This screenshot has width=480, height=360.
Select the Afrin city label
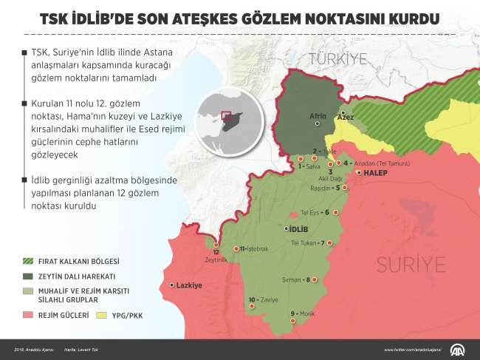tap(317, 116)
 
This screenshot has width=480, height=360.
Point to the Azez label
tap(345, 117)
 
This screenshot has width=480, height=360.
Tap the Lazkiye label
tap(189, 285)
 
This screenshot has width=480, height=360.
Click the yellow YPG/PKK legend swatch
tap(102, 316)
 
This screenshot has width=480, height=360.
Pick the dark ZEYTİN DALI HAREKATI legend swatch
tap(29, 275)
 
